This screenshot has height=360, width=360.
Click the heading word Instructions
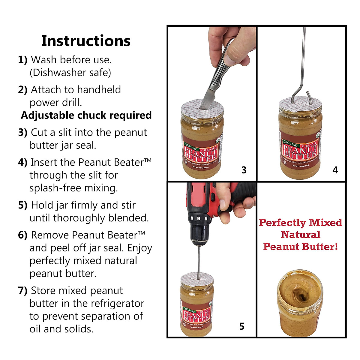coord(86,41)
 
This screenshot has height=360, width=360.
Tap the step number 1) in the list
coord(22,60)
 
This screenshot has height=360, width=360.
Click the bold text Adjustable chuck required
coord(86,115)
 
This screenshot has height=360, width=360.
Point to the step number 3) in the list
coord(23,132)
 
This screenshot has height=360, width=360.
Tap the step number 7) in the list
coord(23,290)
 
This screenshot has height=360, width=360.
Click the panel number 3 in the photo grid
coord(244,170)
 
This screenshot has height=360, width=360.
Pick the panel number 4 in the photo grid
coord(335,170)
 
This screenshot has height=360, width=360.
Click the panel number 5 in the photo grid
coord(242,326)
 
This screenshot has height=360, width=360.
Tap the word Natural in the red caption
coord(301,235)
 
